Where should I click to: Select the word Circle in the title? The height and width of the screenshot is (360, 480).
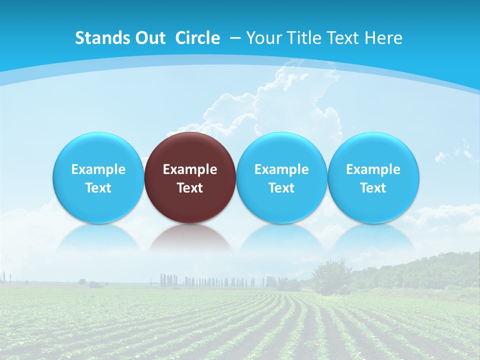tap(197, 38)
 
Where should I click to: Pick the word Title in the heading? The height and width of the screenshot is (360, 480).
tap(300, 38)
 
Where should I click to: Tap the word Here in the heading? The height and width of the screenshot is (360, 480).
tap(384, 38)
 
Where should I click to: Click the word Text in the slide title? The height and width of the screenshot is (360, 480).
tap(341, 38)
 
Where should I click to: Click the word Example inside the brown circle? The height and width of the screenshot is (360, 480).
tap(190, 169)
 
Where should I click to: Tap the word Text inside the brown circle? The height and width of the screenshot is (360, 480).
tap(190, 188)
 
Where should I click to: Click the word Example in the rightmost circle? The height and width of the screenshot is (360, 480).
tap(373, 169)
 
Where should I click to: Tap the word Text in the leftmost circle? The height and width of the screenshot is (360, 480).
tap(98, 188)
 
